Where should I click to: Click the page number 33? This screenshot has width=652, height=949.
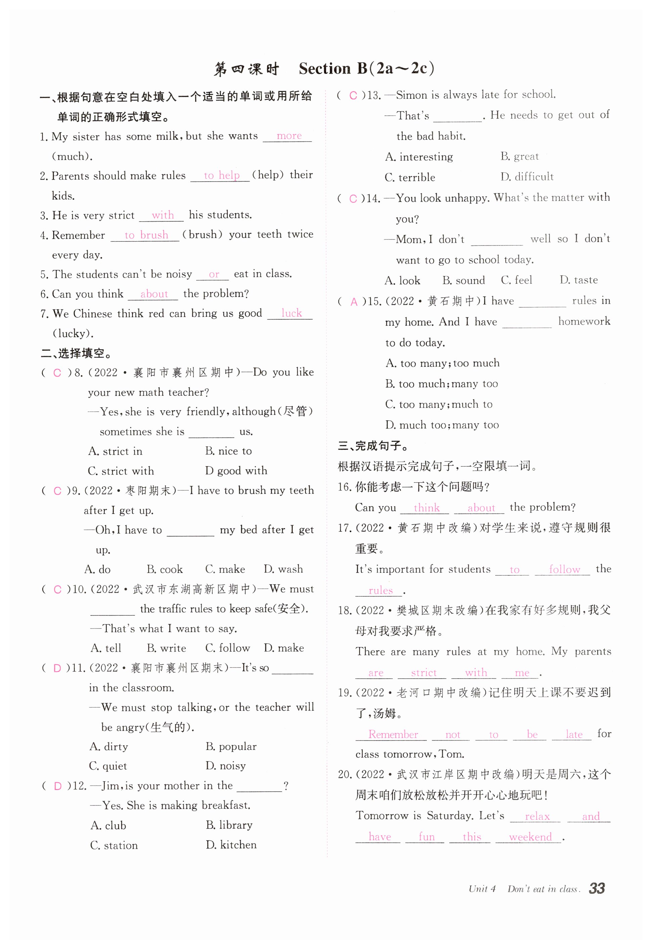597,888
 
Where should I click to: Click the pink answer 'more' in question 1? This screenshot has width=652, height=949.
289,136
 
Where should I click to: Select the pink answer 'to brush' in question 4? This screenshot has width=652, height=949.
146,235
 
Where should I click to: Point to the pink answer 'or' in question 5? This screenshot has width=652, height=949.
214,274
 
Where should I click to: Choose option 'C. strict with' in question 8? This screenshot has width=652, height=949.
121,471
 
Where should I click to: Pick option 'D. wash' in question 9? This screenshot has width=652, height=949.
283,569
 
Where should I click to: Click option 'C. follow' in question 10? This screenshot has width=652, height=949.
227,648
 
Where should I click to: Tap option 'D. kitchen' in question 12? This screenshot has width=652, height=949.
231,845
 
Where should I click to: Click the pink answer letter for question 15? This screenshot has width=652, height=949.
354,302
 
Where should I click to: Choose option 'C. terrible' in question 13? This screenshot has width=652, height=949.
410,178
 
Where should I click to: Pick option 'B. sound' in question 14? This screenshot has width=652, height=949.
464,280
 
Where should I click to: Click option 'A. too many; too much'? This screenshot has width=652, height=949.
442,363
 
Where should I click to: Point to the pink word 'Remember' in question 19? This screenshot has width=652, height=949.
393,734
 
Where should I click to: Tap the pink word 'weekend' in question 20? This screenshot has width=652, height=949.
530,837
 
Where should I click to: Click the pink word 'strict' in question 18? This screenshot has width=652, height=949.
424,673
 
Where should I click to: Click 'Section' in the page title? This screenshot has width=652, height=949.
325,68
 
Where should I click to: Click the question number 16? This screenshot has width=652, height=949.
344,487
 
